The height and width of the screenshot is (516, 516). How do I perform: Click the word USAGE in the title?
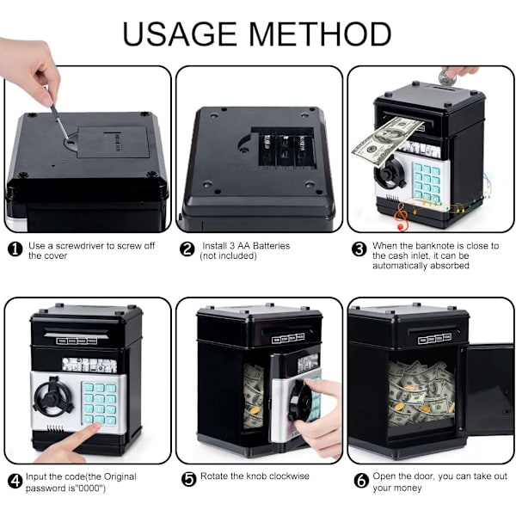tap(180, 34)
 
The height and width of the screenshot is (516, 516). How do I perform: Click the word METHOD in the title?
tap(320, 34)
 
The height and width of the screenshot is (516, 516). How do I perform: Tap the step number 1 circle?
tap(15, 249)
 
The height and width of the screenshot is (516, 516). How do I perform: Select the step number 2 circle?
tap(187, 249)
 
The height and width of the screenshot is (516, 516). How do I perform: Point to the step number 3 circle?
tap(359, 249)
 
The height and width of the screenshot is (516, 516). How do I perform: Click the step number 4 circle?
tap(15, 481)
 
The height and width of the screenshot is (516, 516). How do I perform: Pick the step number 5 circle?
tap(189, 479)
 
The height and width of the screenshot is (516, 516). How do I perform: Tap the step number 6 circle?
tap(361, 481)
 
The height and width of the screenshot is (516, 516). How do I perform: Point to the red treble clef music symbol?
tap(401, 216)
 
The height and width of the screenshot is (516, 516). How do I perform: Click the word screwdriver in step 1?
tap(80, 246)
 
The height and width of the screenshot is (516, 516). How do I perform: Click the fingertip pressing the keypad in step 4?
tap(95, 427)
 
